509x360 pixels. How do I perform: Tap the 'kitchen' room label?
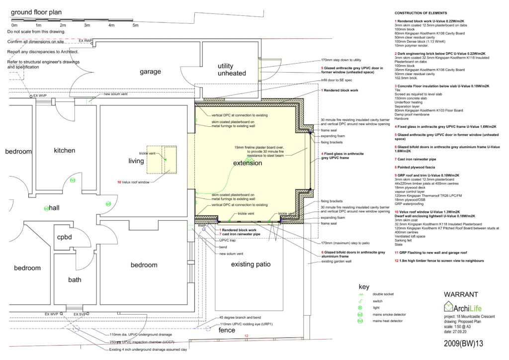[x=65, y=150]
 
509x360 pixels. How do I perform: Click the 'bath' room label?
[x=75, y=279]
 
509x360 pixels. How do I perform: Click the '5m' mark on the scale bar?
[x=135, y=25]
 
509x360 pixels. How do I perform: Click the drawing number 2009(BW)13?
[x=463, y=343]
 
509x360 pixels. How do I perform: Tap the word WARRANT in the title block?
[x=460, y=294]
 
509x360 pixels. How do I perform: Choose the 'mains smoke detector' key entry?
[x=392, y=314]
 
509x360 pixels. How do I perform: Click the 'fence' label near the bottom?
[x=227, y=330]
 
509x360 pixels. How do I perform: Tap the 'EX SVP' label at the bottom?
[x=80, y=314]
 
